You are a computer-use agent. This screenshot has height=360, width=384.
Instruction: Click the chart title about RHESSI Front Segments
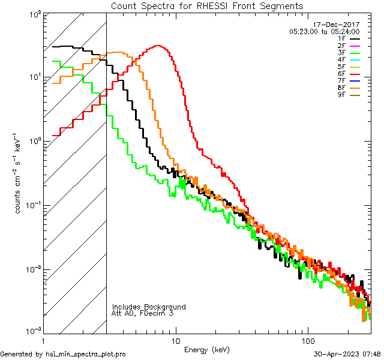(x=207, y=6)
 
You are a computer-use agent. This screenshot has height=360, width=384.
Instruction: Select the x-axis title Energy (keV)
(x=207, y=349)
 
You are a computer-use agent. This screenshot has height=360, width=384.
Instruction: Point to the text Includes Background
(x=149, y=307)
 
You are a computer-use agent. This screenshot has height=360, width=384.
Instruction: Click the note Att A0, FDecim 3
(x=143, y=313)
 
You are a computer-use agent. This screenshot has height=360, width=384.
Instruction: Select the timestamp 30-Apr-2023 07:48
(x=347, y=354)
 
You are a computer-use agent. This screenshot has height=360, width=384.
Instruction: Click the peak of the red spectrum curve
(x=158, y=46)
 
